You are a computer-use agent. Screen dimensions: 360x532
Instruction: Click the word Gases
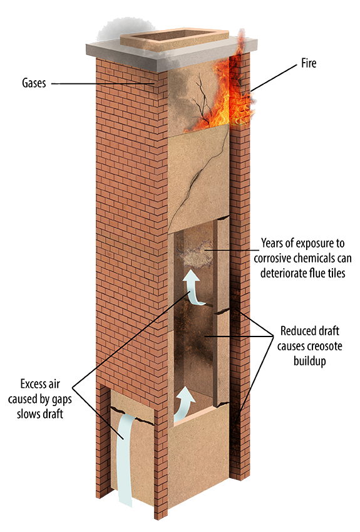click(x=34, y=83)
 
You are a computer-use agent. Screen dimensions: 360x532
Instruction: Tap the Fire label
click(x=309, y=63)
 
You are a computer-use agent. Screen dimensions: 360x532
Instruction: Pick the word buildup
click(x=309, y=361)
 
